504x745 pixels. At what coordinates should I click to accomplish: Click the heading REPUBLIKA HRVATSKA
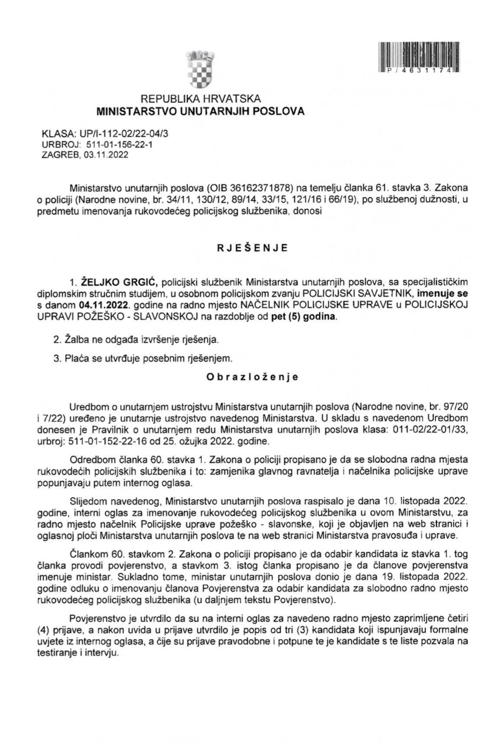point(200,99)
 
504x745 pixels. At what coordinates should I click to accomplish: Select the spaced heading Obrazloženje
point(252,377)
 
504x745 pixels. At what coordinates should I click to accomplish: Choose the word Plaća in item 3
point(77,358)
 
